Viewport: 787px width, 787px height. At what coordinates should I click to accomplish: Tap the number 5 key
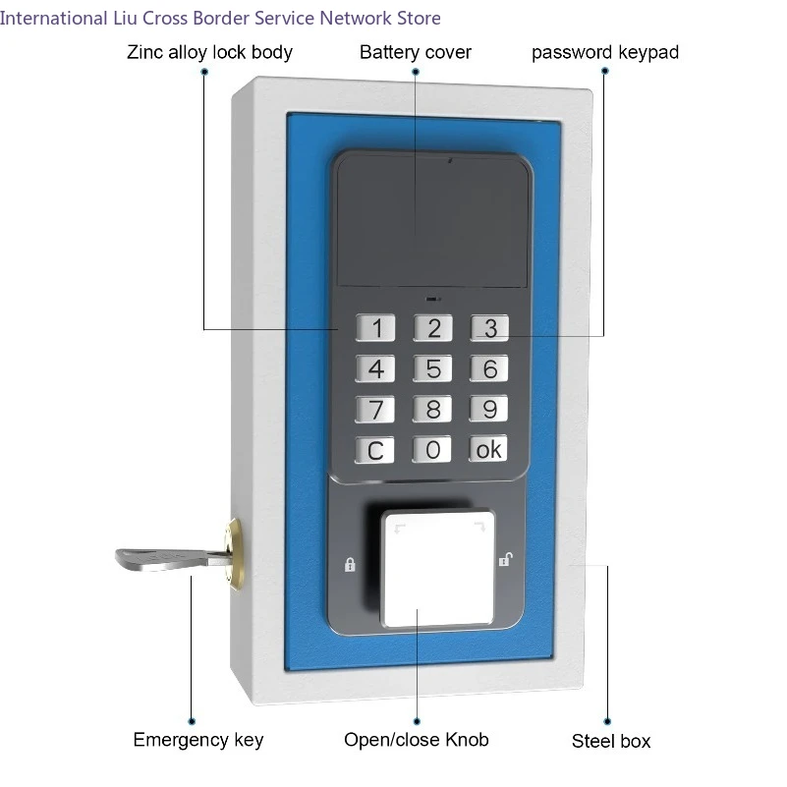[x=432, y=368]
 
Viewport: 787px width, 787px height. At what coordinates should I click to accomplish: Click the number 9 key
[x=489, y=409]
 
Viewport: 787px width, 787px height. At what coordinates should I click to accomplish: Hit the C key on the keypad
[x=374, y=450]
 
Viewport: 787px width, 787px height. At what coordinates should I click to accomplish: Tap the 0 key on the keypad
[x=431, y=449]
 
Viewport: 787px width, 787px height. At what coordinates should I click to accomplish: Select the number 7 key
[x=375, y=409]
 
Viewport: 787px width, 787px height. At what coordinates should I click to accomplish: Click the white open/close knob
[x=437, y=569]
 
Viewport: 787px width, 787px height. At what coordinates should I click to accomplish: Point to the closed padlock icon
[x=350, y=565]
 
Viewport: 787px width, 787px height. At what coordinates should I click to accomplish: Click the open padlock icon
[x=505, y=559]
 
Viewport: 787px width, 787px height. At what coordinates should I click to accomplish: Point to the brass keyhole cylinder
[x=235, y=552]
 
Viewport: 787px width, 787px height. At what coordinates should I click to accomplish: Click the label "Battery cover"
[x=416, y=52]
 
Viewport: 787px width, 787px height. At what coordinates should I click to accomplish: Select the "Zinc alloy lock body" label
[x=210, y=53]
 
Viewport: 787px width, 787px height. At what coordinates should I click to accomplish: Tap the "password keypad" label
[x=605, y=53]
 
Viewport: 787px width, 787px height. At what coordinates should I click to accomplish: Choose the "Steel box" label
[x=611, y=742]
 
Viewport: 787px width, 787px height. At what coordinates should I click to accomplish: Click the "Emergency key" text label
[x=198, y=740]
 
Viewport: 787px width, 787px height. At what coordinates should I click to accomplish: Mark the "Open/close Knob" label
[x=416, y=740]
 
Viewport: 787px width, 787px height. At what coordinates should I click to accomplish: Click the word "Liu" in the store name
[x=125, y=18]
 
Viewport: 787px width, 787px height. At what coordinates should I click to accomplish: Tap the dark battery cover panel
[x=432, y=221]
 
